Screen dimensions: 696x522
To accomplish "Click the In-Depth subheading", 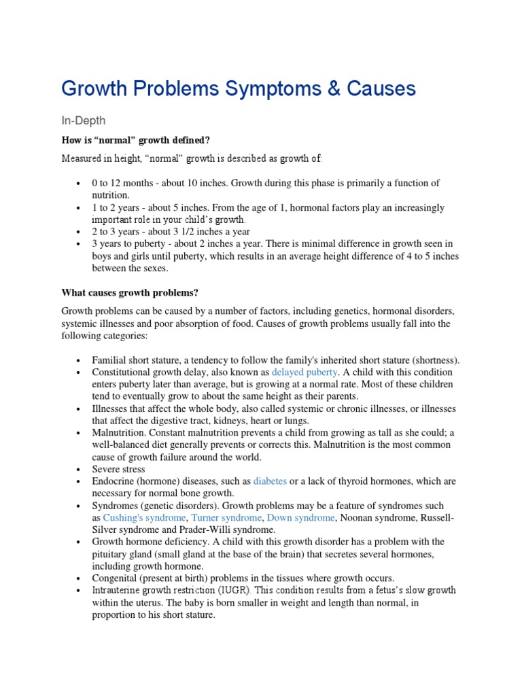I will pyautogui.click(x=84, y=120).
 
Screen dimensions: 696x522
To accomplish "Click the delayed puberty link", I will pyautogui.click(x=304, y=372).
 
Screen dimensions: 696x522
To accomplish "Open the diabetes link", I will pyautogui.click(x=270, y=481).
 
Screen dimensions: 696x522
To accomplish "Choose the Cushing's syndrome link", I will pyautogui.click(x=131, y=518).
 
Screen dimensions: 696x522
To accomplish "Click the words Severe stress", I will pyautogui.click(x=118, y=469).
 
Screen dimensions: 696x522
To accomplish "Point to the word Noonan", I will pyautogui.click(x=357, y=518).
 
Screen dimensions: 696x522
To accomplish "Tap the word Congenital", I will pyautogui.click(x=115, y=578).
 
